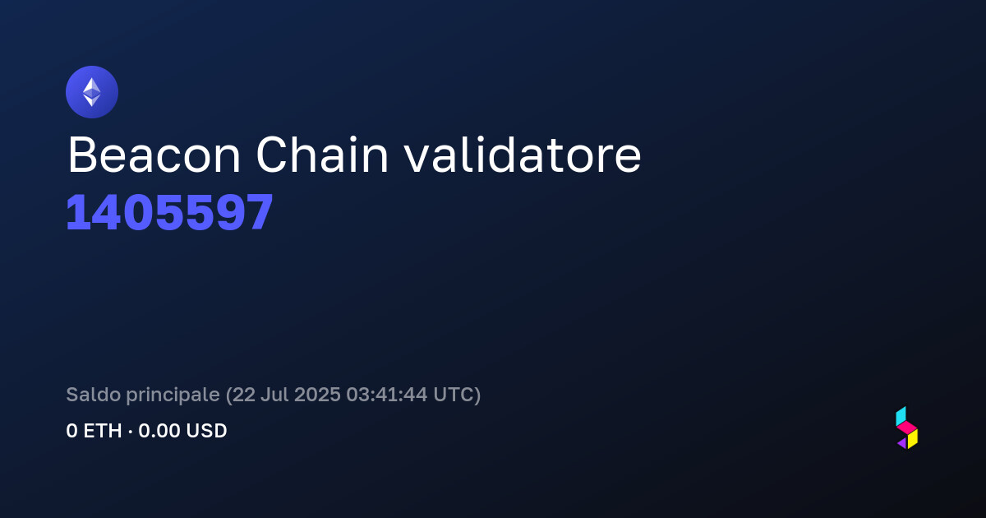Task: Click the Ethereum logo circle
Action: pyautogui.click(x=92, y=92)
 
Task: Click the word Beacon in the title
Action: pyautogui.click(x=154, y=155)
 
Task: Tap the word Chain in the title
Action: pyautogui.click(x=322, y=155)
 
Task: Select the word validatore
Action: pyautogui.click(x=523, y=155)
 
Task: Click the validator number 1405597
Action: pyautogui.click(x=169, y=213)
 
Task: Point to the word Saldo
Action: pyautogui.click(x=94, y=394)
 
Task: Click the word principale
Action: pyautogui.click(x=173, y=395)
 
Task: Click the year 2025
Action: pyautogui.click(x=317, y=395)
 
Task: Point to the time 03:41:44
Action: pyautogui.click(x=386, y=395)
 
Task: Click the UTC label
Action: pyautogui.click(x=453, y=395)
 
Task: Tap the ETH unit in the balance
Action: pyautogui.click(x=103, y=431)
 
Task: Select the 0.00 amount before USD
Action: pyautogui.click(x=159, y=431)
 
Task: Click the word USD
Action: pyautogui.click(x=206, y=431)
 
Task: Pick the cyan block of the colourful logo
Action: pyautogui.click(x=901, y=416)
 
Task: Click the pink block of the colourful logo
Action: pyautogui.click(x=907, y=428)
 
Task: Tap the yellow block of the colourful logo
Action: pyautogui.click(x=913, y=439)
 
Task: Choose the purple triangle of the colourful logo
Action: pyautogui.click(x=902, y=443)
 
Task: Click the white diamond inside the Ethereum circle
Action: pyautogui.click(x=92, y=92)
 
